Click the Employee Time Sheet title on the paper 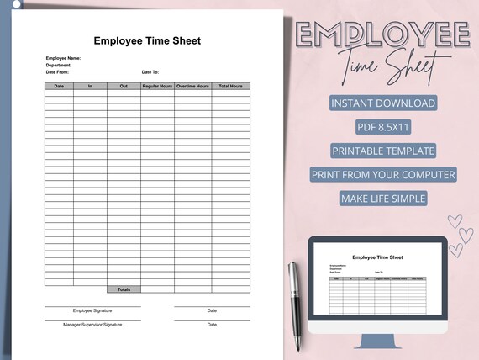coord(147,40)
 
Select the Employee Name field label coord(63,58)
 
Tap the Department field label coord(59,65)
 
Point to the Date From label coord(57,72)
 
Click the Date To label coord(150,72)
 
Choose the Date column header coord(59,86)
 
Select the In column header coord(90,86)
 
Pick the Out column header coord(124,86)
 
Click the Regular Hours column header coord(157,86)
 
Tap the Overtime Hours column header coord(192,86)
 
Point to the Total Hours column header coord(230,86)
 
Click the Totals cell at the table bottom coord(124,289)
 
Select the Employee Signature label coord(92,310)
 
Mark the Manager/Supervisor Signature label coord(92,324)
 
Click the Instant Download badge coord(383,103)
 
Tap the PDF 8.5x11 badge coord(383,127)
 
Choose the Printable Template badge coord(383,151)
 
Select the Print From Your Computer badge coord(383,175)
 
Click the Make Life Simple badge coord(383,199)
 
